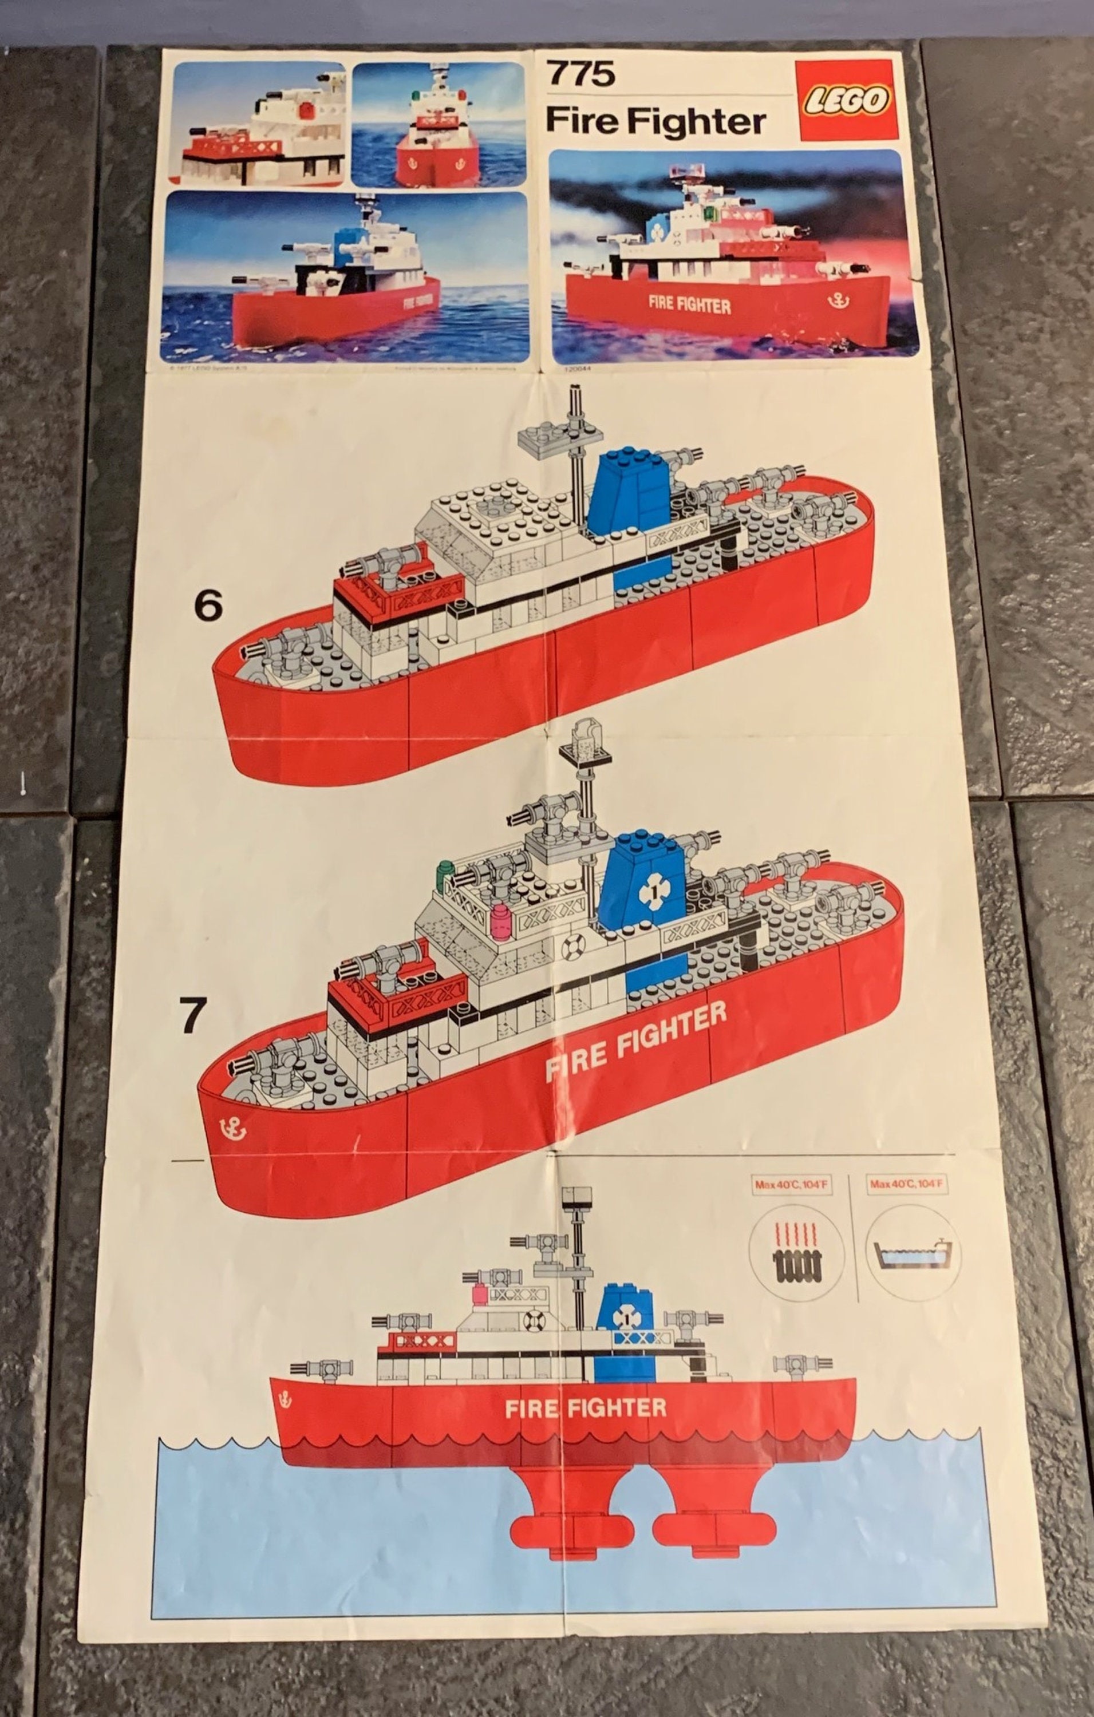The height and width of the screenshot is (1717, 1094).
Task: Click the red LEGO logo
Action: [847, 100]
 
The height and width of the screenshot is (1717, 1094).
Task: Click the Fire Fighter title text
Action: [655, 121]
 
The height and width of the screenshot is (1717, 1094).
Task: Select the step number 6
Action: [208, 607]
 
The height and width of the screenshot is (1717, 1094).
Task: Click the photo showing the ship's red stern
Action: [439, 125]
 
